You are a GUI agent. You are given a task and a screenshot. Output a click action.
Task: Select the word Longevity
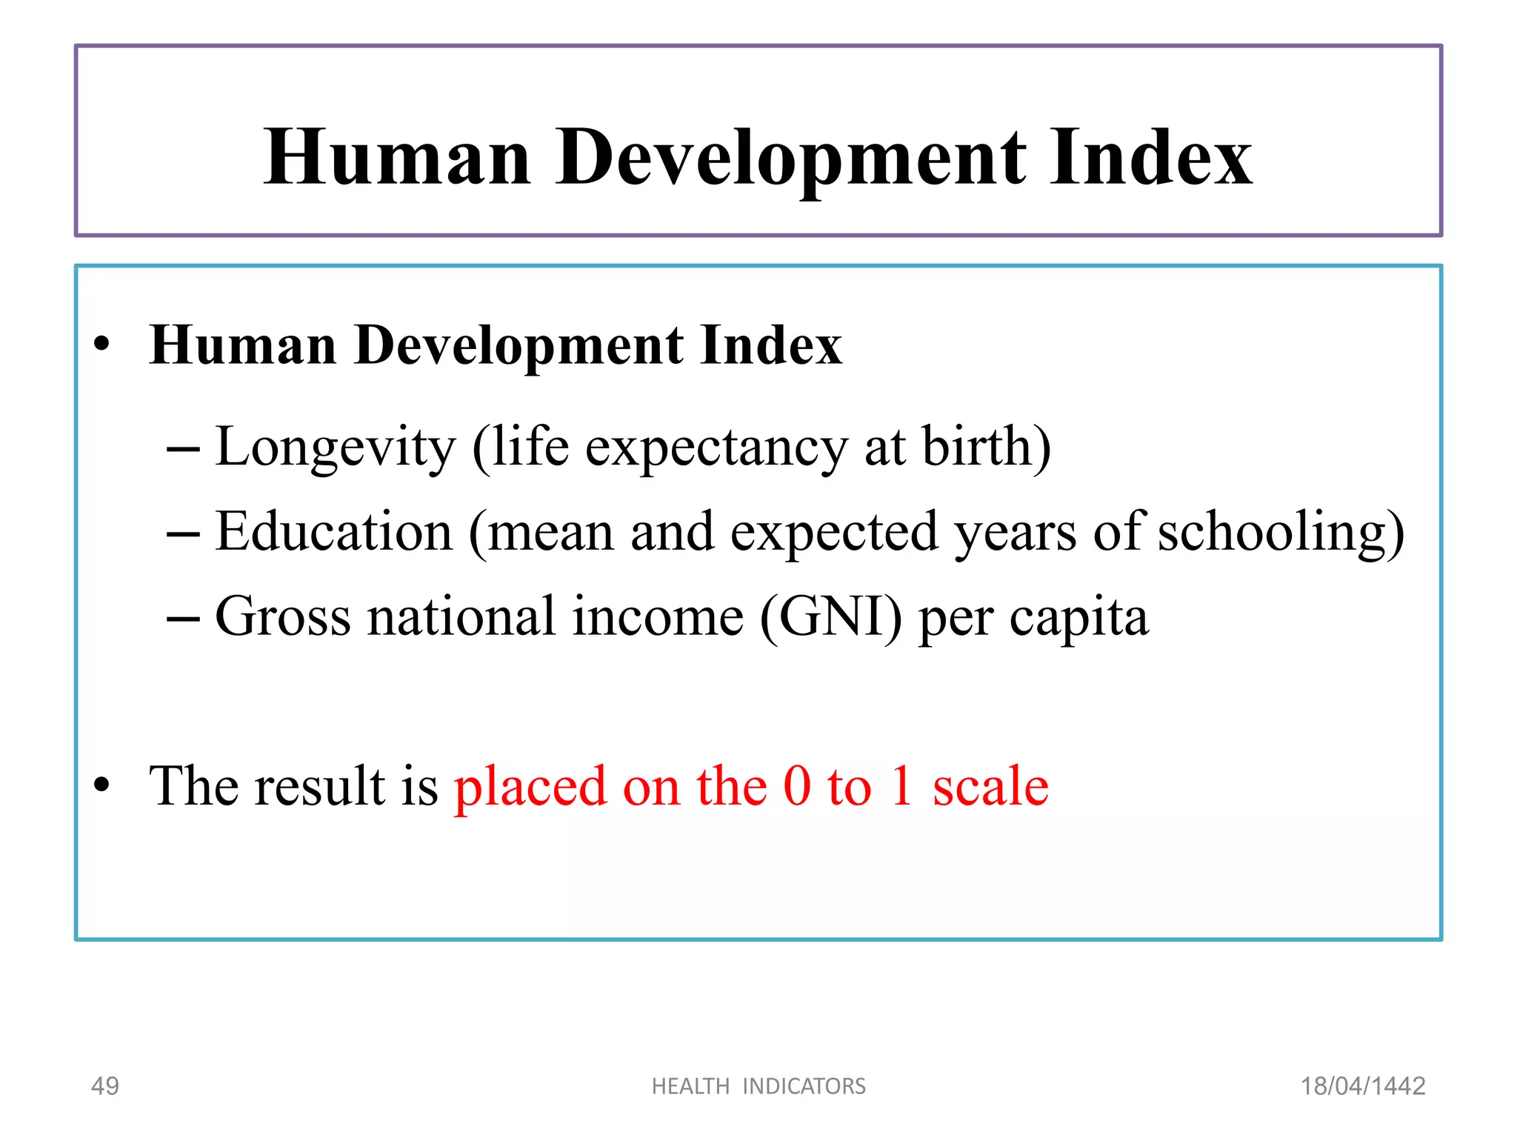[335, 448]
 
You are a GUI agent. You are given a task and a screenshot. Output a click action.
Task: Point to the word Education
[333, 532]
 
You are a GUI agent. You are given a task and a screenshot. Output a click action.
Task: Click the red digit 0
[797, 785]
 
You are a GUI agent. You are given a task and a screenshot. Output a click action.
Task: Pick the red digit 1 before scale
[901, 785]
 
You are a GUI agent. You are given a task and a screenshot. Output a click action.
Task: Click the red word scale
[990, 785]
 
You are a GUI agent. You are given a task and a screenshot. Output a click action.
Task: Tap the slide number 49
[104, 1086]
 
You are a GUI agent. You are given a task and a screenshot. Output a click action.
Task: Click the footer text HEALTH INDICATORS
[758, 1086]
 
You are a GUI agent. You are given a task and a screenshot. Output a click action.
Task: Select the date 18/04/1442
[1363, 1086]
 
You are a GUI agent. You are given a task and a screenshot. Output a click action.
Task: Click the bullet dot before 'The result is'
[101, 785]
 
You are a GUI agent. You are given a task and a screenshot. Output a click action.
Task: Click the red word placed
[530, 787]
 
